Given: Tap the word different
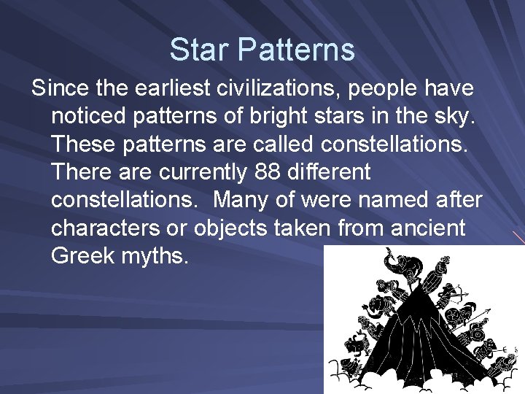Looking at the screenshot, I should point(332,173).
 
